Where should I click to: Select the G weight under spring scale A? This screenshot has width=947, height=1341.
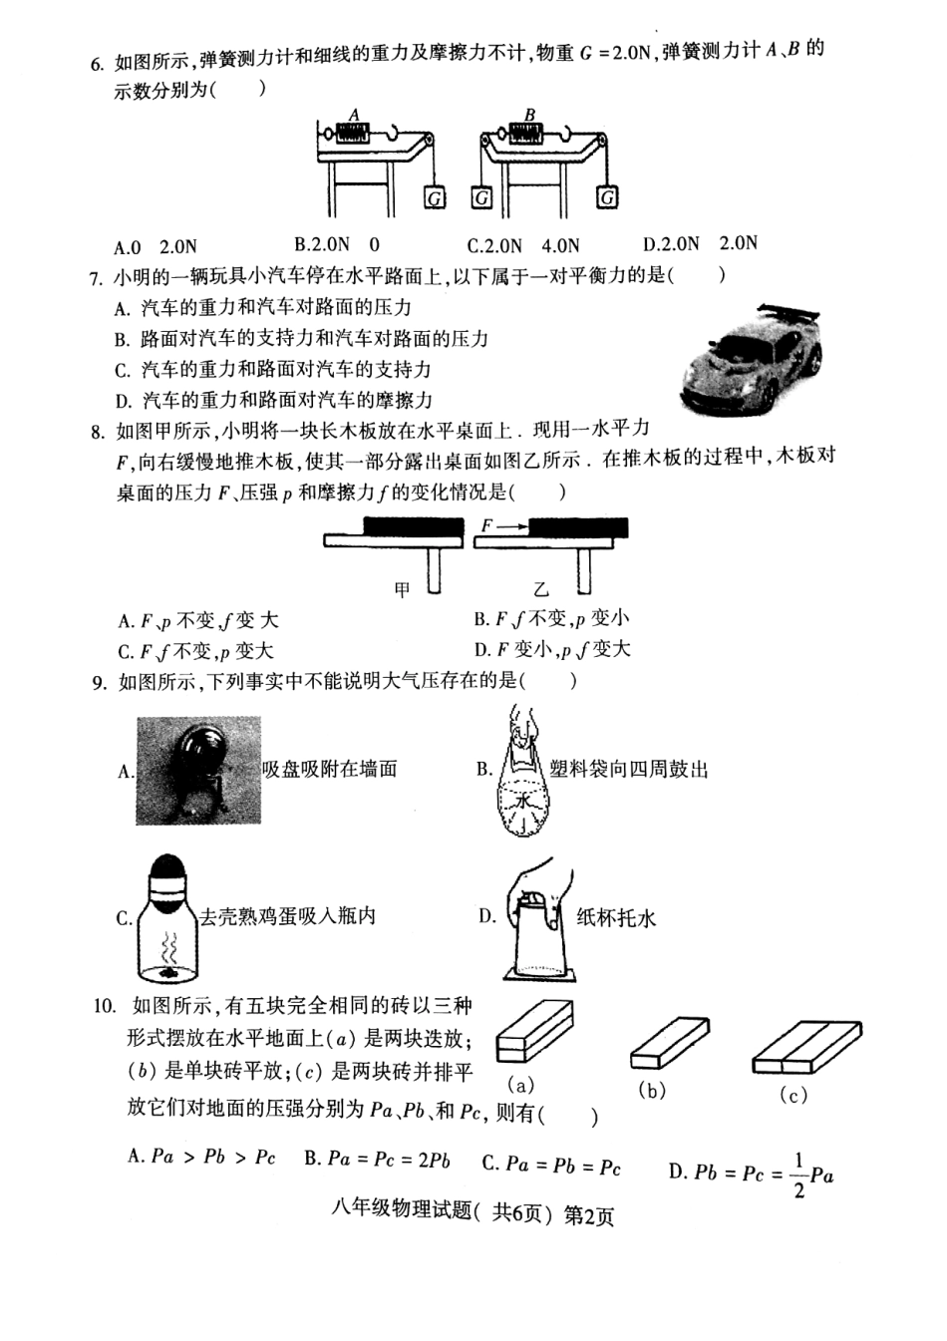pyautogui.click(x=435, y=197)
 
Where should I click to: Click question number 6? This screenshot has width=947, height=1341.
pyautogui.click(x=96, y=64)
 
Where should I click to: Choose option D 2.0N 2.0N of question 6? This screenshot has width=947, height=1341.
pyautogui.click(x=700, y=244)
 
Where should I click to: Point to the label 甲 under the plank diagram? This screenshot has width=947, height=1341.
pyautogui.click(x=402, y=590)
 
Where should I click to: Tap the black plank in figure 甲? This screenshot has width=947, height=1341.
pyautogui.click(x=414, y=525)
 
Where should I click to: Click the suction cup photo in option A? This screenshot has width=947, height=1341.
pyautogui.click(x=197, y=771)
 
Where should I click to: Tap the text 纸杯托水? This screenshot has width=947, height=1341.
pyautogui.click(x=616, y=917)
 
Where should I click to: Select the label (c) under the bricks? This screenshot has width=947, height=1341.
pyautogui.click(x=792, y=1096)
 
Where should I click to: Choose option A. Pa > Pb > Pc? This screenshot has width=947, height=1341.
pyautogui.click(x=201, y=1158)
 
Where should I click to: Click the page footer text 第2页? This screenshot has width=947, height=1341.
pyautogui.click(x=589, y=1215)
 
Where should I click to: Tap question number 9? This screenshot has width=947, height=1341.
pyautogui.click(x=98, y=683)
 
